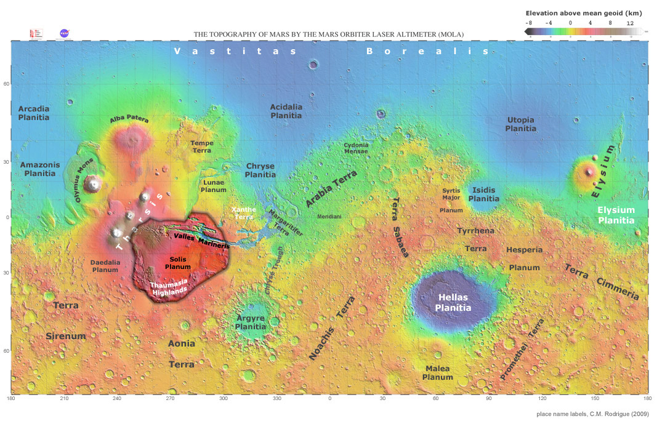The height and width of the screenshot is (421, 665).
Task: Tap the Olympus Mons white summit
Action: tap(94, 183)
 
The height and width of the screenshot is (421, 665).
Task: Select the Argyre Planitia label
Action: tap(251, 323)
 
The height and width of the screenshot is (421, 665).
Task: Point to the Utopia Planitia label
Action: tap(520, 124)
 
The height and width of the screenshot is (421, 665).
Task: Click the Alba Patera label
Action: tap(129, 119)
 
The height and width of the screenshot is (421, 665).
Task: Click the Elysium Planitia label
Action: tap(616, 215)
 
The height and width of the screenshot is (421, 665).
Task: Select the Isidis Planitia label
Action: tap(484, 194)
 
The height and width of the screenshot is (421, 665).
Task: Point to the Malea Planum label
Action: tap(438, 373)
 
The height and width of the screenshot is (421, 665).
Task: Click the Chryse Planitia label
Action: tap(260, 170)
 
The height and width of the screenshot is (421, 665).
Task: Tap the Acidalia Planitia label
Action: tap(286, 111)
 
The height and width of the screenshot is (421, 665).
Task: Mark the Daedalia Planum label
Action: tap(105, 266)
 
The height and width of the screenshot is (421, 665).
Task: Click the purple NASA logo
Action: tap(64, 33)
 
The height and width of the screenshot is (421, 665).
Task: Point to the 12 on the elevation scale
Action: tap(630, 23)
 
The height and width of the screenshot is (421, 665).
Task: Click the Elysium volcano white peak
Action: tap(590, 172)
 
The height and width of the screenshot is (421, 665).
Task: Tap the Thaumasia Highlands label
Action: tap(169, 288)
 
